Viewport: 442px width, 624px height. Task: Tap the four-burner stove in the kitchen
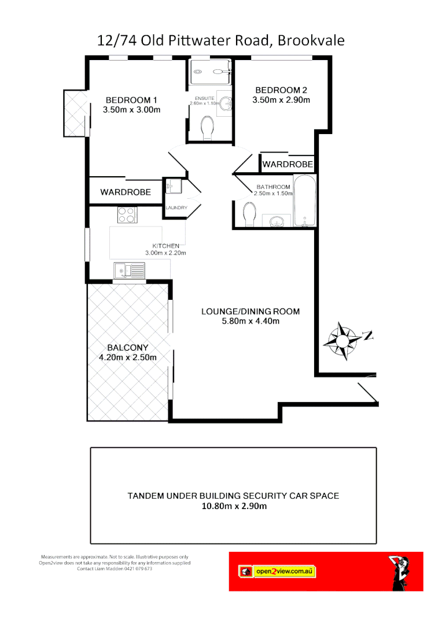(x=126, y=215)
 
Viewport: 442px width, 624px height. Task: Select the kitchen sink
(x=129, y=270)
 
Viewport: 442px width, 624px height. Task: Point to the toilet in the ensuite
(x=207, y=128)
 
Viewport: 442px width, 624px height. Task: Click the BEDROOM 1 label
(x=131, y=99)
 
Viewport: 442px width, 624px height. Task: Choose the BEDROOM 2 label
(x=281, y=90)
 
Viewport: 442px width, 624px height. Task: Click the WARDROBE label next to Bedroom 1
(x=126, y=192)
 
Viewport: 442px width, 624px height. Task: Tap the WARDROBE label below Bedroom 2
(x=288, y=165)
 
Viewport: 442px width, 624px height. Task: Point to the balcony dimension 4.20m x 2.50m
(x=128, y=358)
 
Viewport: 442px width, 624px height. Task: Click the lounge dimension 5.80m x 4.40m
(x=251, y=321)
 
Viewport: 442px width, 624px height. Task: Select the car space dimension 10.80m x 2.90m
(x=233, y=506)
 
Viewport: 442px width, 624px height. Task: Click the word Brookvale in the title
(x=311, y=40)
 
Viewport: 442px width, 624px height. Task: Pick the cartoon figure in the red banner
(x=402, y=572)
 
